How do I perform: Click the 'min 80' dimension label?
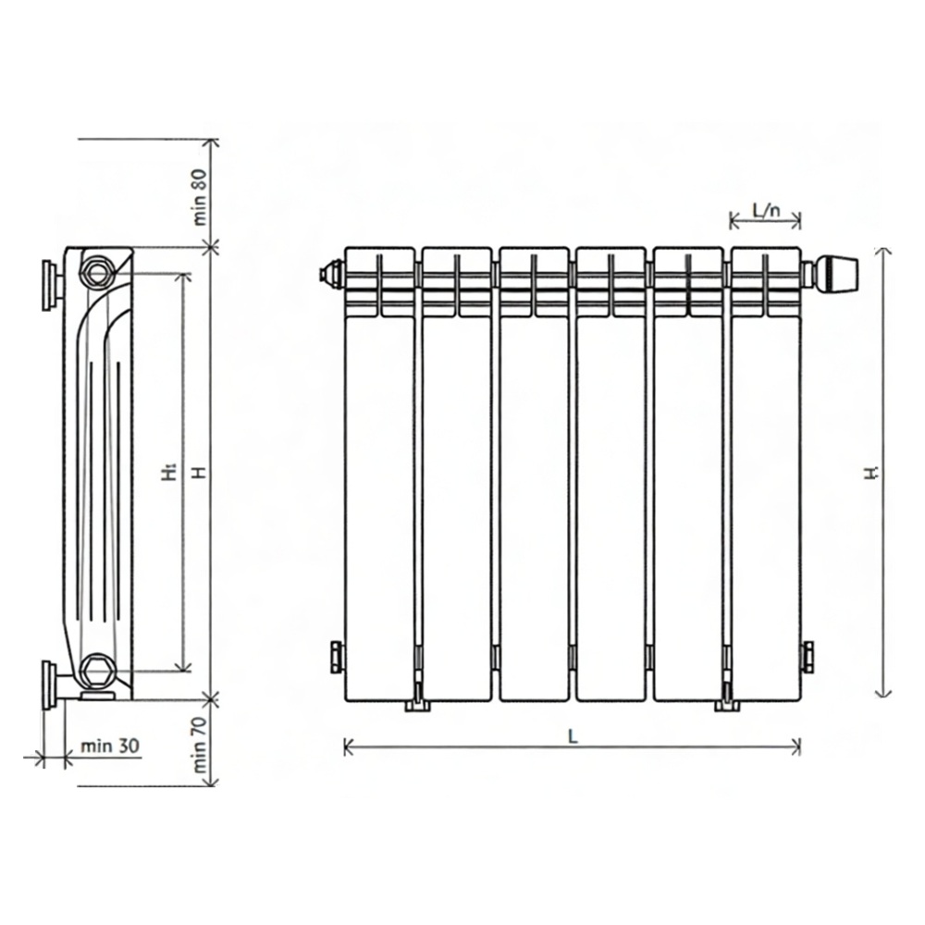point(200,198)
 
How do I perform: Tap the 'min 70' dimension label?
point(200,745)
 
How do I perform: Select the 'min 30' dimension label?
point(110,746)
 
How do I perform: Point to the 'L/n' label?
point(766,209)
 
